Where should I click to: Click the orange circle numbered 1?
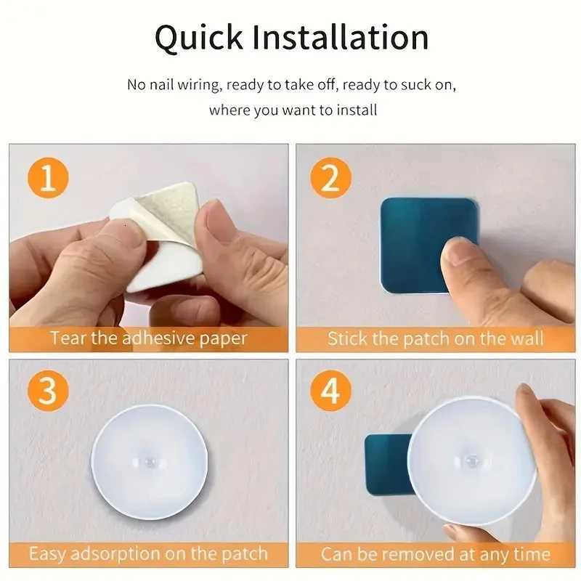[x=48, y=177]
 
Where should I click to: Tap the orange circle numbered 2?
[x=330, y=177]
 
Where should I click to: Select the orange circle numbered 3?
[x=48, y=393]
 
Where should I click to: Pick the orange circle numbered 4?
[x=330, y=393]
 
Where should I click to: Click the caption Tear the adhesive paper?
[x=148, y=338]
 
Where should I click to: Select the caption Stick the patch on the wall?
[x=435, y=338]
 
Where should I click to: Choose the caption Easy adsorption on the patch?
[x=148, y=554]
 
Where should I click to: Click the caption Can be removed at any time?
[x=435, y=554]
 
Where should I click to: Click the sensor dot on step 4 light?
[x=471, y=458]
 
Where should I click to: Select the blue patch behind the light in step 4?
[x=385, y=465]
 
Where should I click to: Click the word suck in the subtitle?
[x=419, y=85]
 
